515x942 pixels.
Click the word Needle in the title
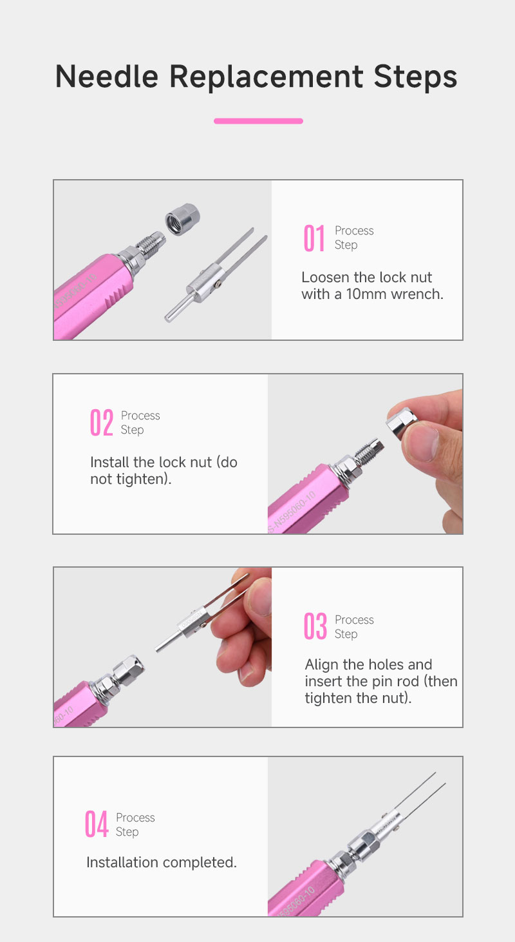107,77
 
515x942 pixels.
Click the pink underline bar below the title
258,121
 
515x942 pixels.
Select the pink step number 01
314,238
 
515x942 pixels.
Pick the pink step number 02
102,423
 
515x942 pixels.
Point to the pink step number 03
315,626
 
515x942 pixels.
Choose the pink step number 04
97,824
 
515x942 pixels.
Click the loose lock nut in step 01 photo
182,219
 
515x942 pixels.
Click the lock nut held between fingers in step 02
401,421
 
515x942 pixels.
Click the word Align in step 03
322,665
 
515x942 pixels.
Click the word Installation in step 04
122,863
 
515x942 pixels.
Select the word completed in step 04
200,863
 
